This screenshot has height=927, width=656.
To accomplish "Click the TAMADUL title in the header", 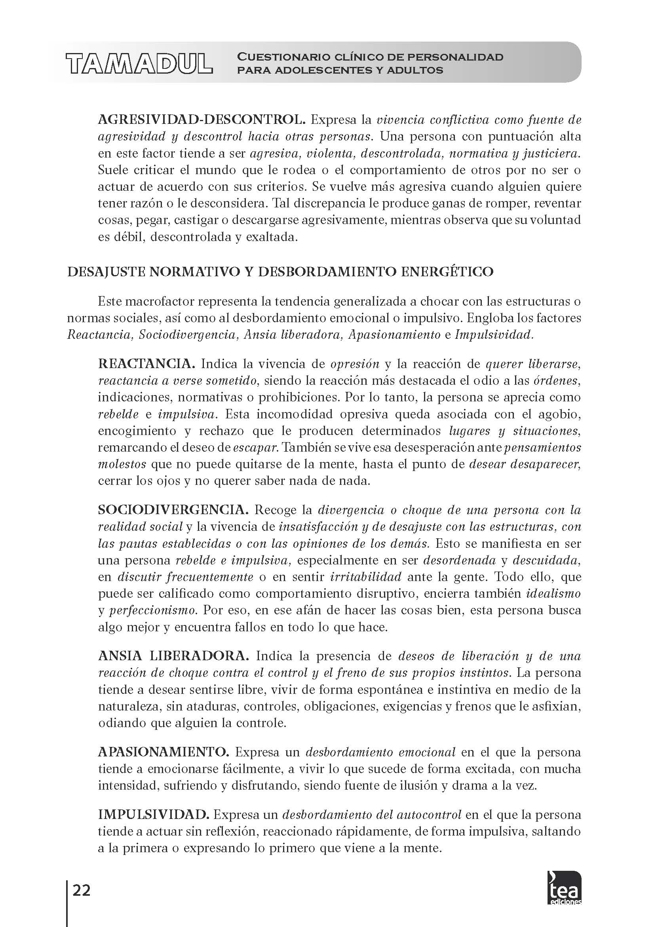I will click(x=139, y=64).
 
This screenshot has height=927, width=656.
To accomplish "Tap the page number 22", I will click(x=82, y=879).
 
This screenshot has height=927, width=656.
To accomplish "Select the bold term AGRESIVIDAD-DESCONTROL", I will click(x=200, y=120).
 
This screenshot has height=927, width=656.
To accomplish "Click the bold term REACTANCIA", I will click(x=146, y=364).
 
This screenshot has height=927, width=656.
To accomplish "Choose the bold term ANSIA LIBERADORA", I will click(x=173, y=656).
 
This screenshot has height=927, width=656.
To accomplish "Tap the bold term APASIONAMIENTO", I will click(x=164, y=752).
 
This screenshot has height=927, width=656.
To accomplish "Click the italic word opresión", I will click(x=355, y=364).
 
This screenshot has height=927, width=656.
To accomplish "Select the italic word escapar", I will click(x=255, y=447).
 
